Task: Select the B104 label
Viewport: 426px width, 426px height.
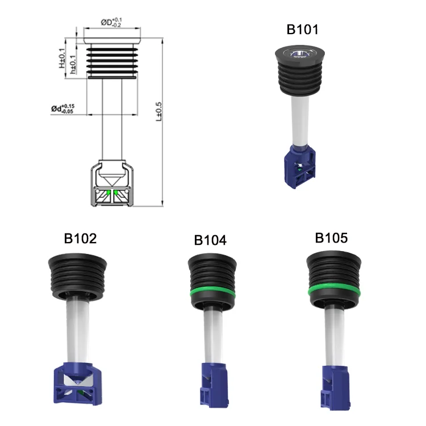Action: click(x=210, y=240)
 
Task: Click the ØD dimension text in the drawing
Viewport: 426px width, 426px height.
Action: click(x=111, y=22)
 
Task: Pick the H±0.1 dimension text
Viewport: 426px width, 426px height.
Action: click(x=62, y=57)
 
